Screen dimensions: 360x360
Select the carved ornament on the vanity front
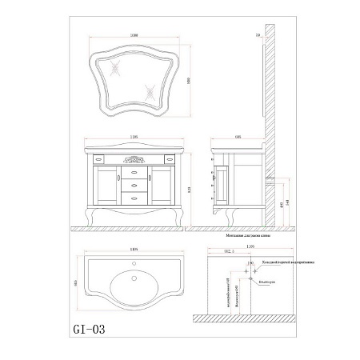tap(133, 158)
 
